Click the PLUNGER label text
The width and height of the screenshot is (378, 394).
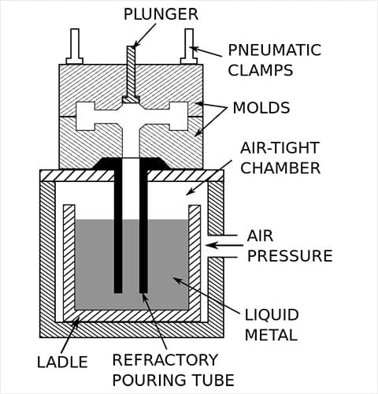[x=161, y=14]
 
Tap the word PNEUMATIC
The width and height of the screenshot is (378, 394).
[x=275, y=50]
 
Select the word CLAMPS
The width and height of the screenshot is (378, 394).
[x=261, y=70]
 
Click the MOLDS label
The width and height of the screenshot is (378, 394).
[x=261, y=108]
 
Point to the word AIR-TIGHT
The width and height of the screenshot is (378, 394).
[x=280, y=147]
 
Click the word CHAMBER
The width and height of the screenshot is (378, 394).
[x=280, y=168]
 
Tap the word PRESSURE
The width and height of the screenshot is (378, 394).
[x=290, y=255]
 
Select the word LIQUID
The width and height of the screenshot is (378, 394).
[x=272, y=314]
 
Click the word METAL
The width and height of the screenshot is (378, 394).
[x=271, y=335]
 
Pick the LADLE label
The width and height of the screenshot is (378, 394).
[x=62, y=362]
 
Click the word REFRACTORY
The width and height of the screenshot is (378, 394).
[x=165, y=359]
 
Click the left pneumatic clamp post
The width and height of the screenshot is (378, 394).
[x=75, y=46]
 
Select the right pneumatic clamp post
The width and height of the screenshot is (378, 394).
[x=189, y=46]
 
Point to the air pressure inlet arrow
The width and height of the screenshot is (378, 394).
[x=224, y=246]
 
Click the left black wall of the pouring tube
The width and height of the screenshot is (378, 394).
[x=118, y=226]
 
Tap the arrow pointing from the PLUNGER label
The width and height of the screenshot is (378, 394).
[x=145, y=35]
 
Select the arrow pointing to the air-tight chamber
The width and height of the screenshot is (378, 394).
[x=209, y=177]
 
